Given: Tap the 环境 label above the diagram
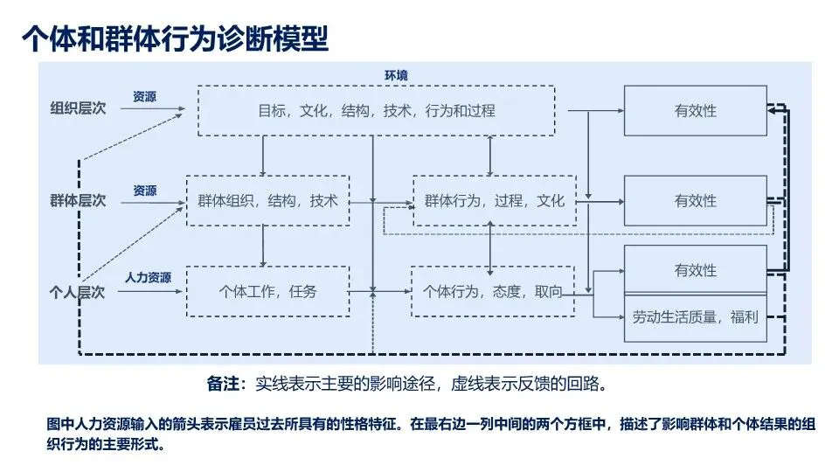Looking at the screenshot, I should [396, 76].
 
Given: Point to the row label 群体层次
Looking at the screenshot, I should [78, 200].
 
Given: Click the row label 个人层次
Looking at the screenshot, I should [78, 292].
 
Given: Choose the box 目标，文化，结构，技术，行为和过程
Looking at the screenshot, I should [376, 111].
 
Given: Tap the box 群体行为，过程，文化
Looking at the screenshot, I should [495, 201].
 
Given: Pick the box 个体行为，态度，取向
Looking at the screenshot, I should [493, 291].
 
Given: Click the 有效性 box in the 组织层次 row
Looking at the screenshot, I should [695, 111].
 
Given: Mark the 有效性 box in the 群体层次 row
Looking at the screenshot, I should [695, 201].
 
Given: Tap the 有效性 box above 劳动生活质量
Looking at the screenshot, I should [695, 270].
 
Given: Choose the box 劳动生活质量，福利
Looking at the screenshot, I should [695, 316].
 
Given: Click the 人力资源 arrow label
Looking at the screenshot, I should [147, 278].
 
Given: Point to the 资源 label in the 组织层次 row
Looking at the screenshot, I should [145, 97].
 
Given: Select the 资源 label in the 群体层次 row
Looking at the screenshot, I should [145, 190].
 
